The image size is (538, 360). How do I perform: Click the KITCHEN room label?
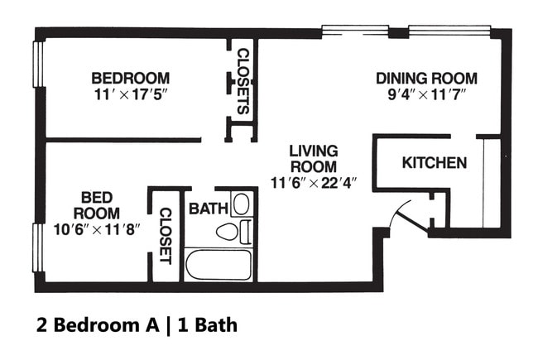coord(435,163)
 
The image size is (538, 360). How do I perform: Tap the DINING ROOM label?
coord(426,79)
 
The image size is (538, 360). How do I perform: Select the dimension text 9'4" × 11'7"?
coord(426,94)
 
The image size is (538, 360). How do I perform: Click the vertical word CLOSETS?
coord(243,81)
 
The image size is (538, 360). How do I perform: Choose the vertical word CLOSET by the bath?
coord(166,236)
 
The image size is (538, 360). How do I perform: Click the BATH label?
coord(209,209)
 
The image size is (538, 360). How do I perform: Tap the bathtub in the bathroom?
coord(219,265)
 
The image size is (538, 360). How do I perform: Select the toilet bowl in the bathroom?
coord(227,232)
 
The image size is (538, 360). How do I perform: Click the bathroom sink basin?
coord(242,204)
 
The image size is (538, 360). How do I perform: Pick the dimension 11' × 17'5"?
coord(131,94)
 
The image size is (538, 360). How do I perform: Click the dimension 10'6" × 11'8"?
coord(97,229)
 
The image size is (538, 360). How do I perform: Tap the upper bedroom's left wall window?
coord(38,65)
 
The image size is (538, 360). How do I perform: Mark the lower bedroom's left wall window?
coord(38,247)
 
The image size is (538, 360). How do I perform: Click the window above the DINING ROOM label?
coord(449,30)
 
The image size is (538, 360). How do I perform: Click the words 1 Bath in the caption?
coord(208,325)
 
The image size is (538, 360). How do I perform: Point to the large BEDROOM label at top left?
coord(131,79)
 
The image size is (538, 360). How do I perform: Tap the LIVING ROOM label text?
coord(314,159)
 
